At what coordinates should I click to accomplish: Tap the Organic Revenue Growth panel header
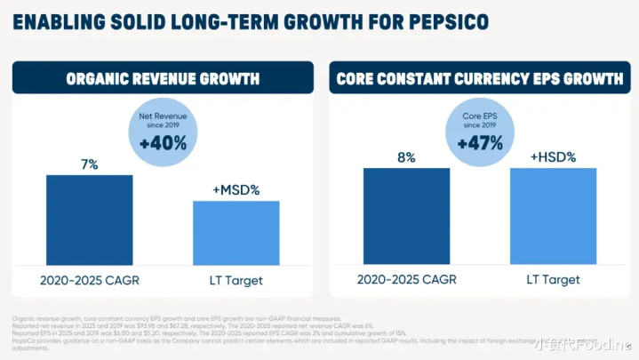[x=163, y=78]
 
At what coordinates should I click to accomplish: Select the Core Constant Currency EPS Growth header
[x=479, y=78]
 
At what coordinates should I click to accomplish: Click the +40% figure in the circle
[x=163, y=142]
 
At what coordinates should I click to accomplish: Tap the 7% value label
[x=89, y=164]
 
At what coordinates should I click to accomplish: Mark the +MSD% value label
[x=236, y=190]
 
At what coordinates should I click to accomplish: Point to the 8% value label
[x=406, y=157]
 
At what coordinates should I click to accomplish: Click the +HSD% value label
[x=553, y=157]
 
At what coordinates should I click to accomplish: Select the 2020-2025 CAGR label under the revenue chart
[x=89, y=279]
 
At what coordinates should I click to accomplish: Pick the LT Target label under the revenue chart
[x=236, y=279]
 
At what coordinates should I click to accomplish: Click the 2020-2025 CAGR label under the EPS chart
[x=406, y=279]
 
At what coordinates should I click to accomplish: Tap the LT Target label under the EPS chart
[x=553, y=279]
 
